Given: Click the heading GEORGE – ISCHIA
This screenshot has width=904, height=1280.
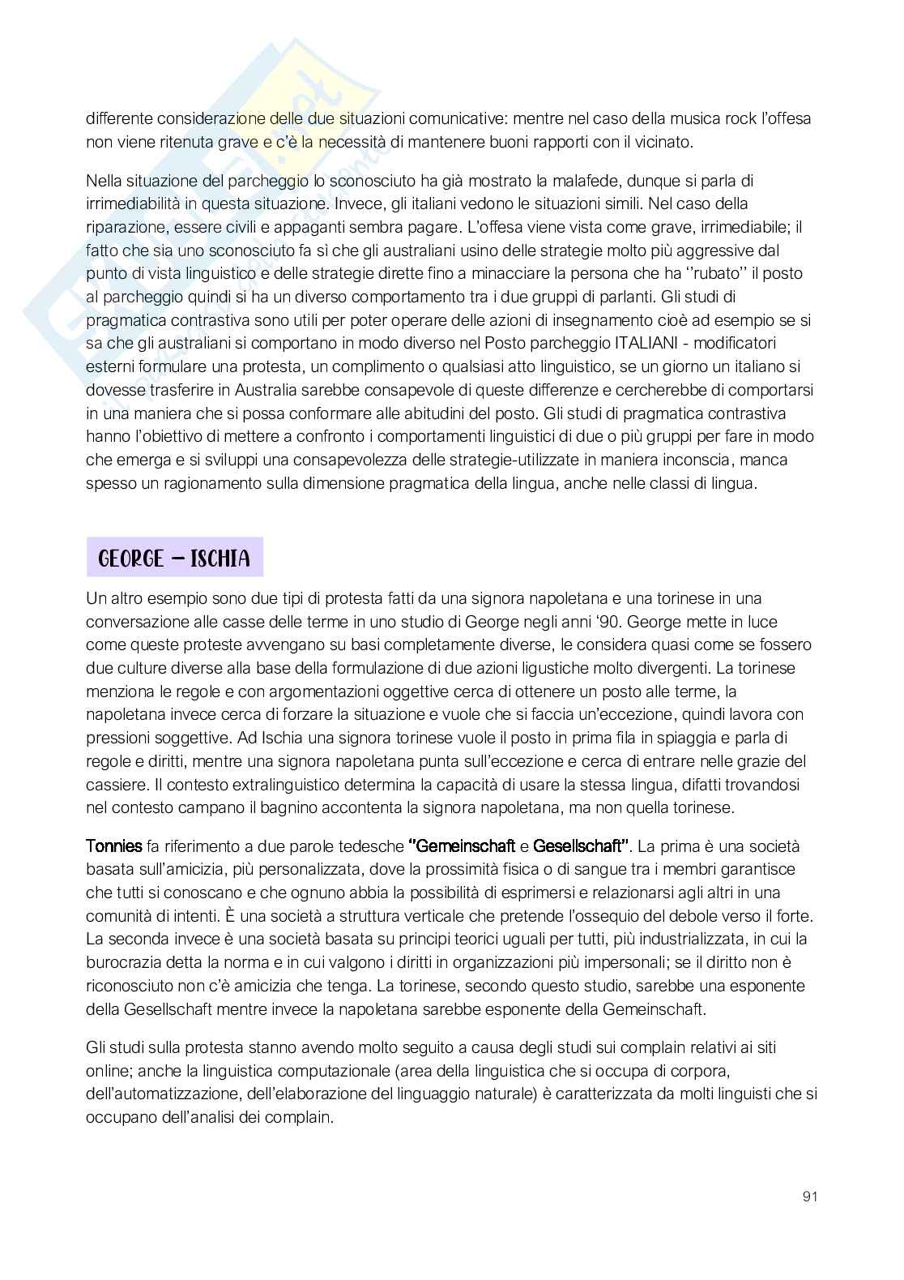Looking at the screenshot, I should coord(174,558).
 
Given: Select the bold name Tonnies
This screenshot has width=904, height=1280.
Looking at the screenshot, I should coord(113,846).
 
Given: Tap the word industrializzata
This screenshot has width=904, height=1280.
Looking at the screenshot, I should coord(677,939).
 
